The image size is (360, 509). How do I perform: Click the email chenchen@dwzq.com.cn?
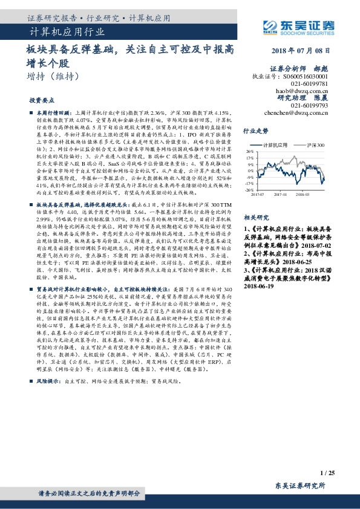297,112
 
